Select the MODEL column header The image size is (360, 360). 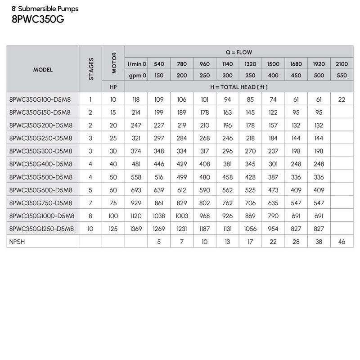click(43, 69)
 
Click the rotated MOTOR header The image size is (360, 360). click(113, 63)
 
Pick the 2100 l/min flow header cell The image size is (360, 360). click(342, 64)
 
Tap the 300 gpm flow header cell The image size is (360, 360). click(227, 75)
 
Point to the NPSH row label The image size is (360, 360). click(16, 242)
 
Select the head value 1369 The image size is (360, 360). click(136, 229)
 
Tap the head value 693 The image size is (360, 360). click(136, 189)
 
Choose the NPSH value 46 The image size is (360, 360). click(342, 242)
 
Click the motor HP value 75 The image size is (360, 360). click(113, 202)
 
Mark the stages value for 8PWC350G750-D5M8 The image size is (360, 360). click(90, 202)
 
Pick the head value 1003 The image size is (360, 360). click(182, 216)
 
